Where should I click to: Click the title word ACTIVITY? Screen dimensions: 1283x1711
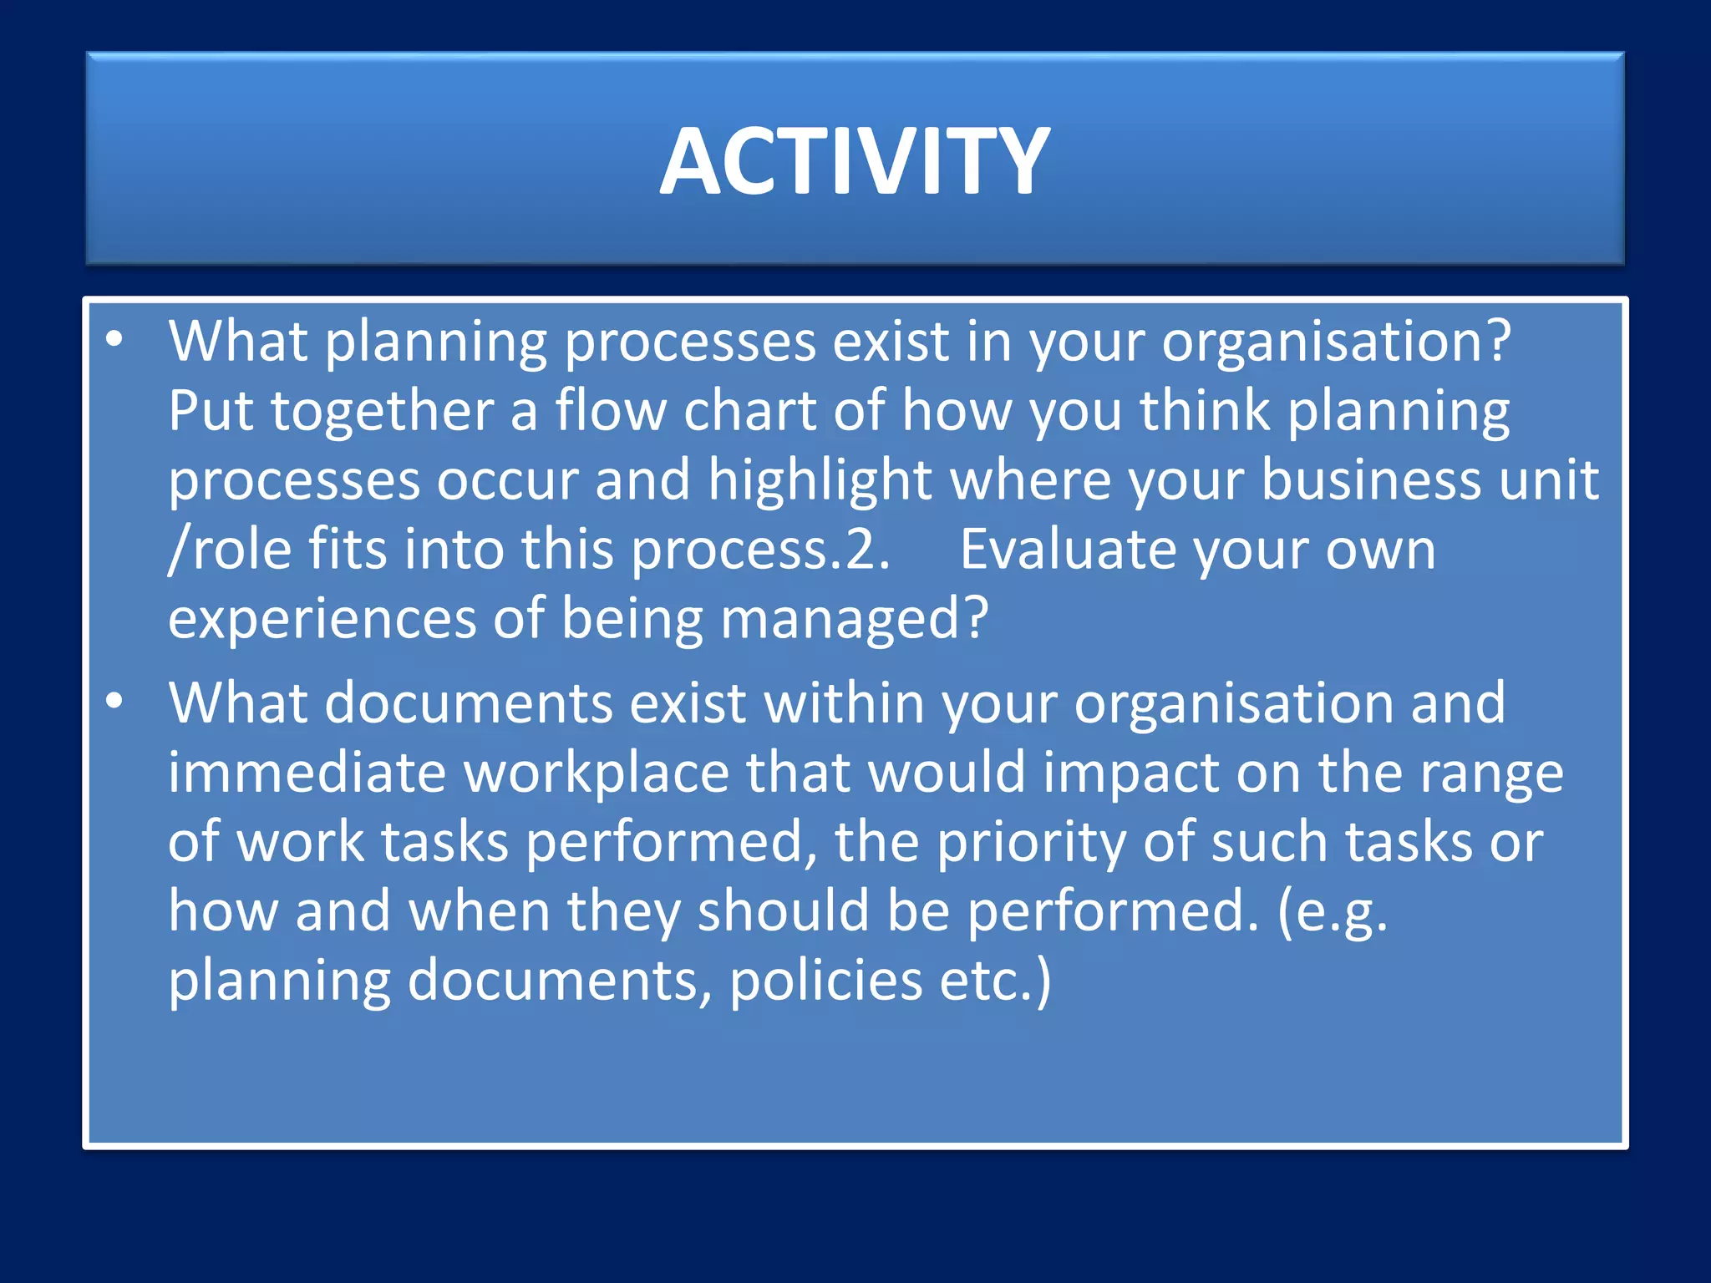pos(855,161)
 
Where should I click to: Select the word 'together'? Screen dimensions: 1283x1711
pos(382,412)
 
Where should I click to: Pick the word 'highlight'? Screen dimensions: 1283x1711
pos(820,481)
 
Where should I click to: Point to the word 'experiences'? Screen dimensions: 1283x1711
pos(322,620)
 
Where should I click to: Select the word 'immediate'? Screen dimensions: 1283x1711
pos(307,772)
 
